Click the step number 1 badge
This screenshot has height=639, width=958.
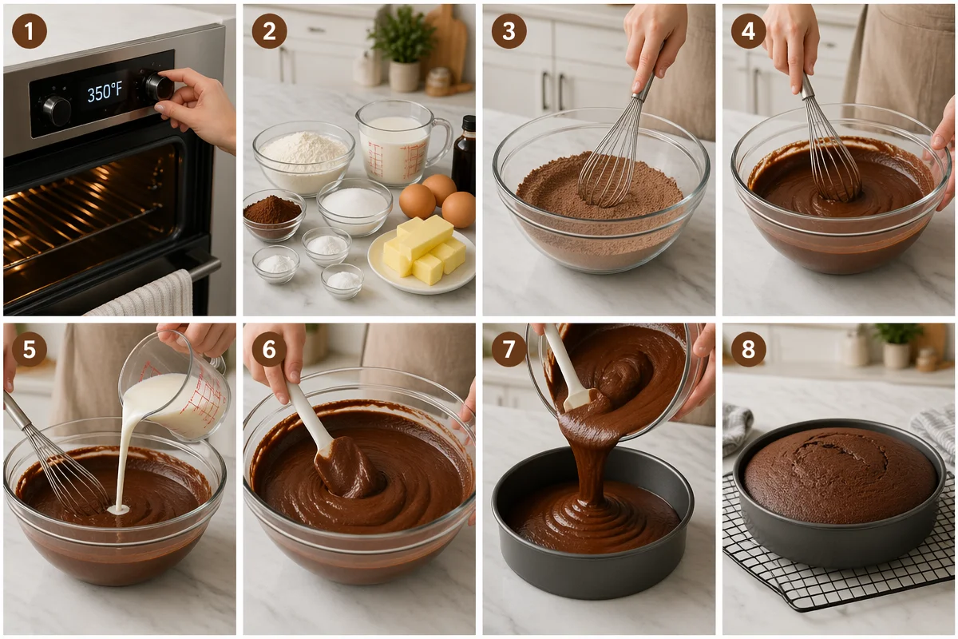pos(29,31)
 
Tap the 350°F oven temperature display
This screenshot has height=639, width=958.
pos(105,93)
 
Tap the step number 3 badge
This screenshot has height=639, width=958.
pos(509,31)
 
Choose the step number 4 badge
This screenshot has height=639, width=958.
pos(748,31)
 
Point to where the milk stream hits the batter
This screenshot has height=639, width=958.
pos(118,510)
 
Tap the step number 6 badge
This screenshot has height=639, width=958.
pos(268,349)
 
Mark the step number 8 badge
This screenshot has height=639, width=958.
pos(748,349)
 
